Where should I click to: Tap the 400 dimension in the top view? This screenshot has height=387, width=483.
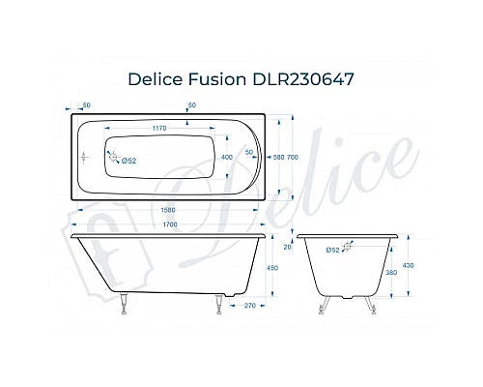tap(227, 156)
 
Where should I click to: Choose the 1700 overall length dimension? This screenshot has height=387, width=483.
tap(169, 224)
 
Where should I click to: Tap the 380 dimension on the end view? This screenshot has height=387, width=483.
tap(390, 273)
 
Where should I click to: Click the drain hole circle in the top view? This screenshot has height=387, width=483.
tap(108, 157)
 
